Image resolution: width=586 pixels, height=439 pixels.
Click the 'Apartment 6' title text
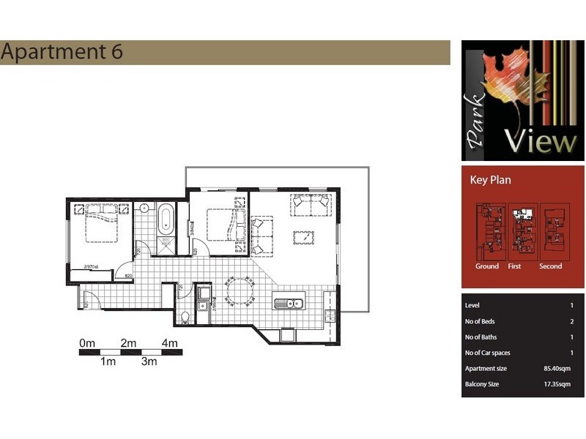(62, 52)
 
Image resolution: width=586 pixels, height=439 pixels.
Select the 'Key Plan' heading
(490, 180)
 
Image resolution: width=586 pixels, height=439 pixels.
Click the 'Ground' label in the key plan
(486, 266)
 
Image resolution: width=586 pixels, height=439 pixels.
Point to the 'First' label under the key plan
(515, 266)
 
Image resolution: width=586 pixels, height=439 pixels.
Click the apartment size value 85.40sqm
(559, 369)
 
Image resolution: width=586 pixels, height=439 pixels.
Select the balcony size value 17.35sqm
(559, 385)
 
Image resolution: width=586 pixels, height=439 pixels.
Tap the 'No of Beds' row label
(483, 321)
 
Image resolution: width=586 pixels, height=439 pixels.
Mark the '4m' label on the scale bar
(170, 343)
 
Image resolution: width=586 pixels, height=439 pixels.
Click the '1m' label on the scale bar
(108, 362)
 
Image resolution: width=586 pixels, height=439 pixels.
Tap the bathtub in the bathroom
(165, 219)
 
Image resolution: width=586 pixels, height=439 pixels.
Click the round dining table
(240, 292)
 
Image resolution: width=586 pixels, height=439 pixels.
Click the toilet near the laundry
(185, 317)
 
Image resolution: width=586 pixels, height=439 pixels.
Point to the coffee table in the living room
(303, 237)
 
